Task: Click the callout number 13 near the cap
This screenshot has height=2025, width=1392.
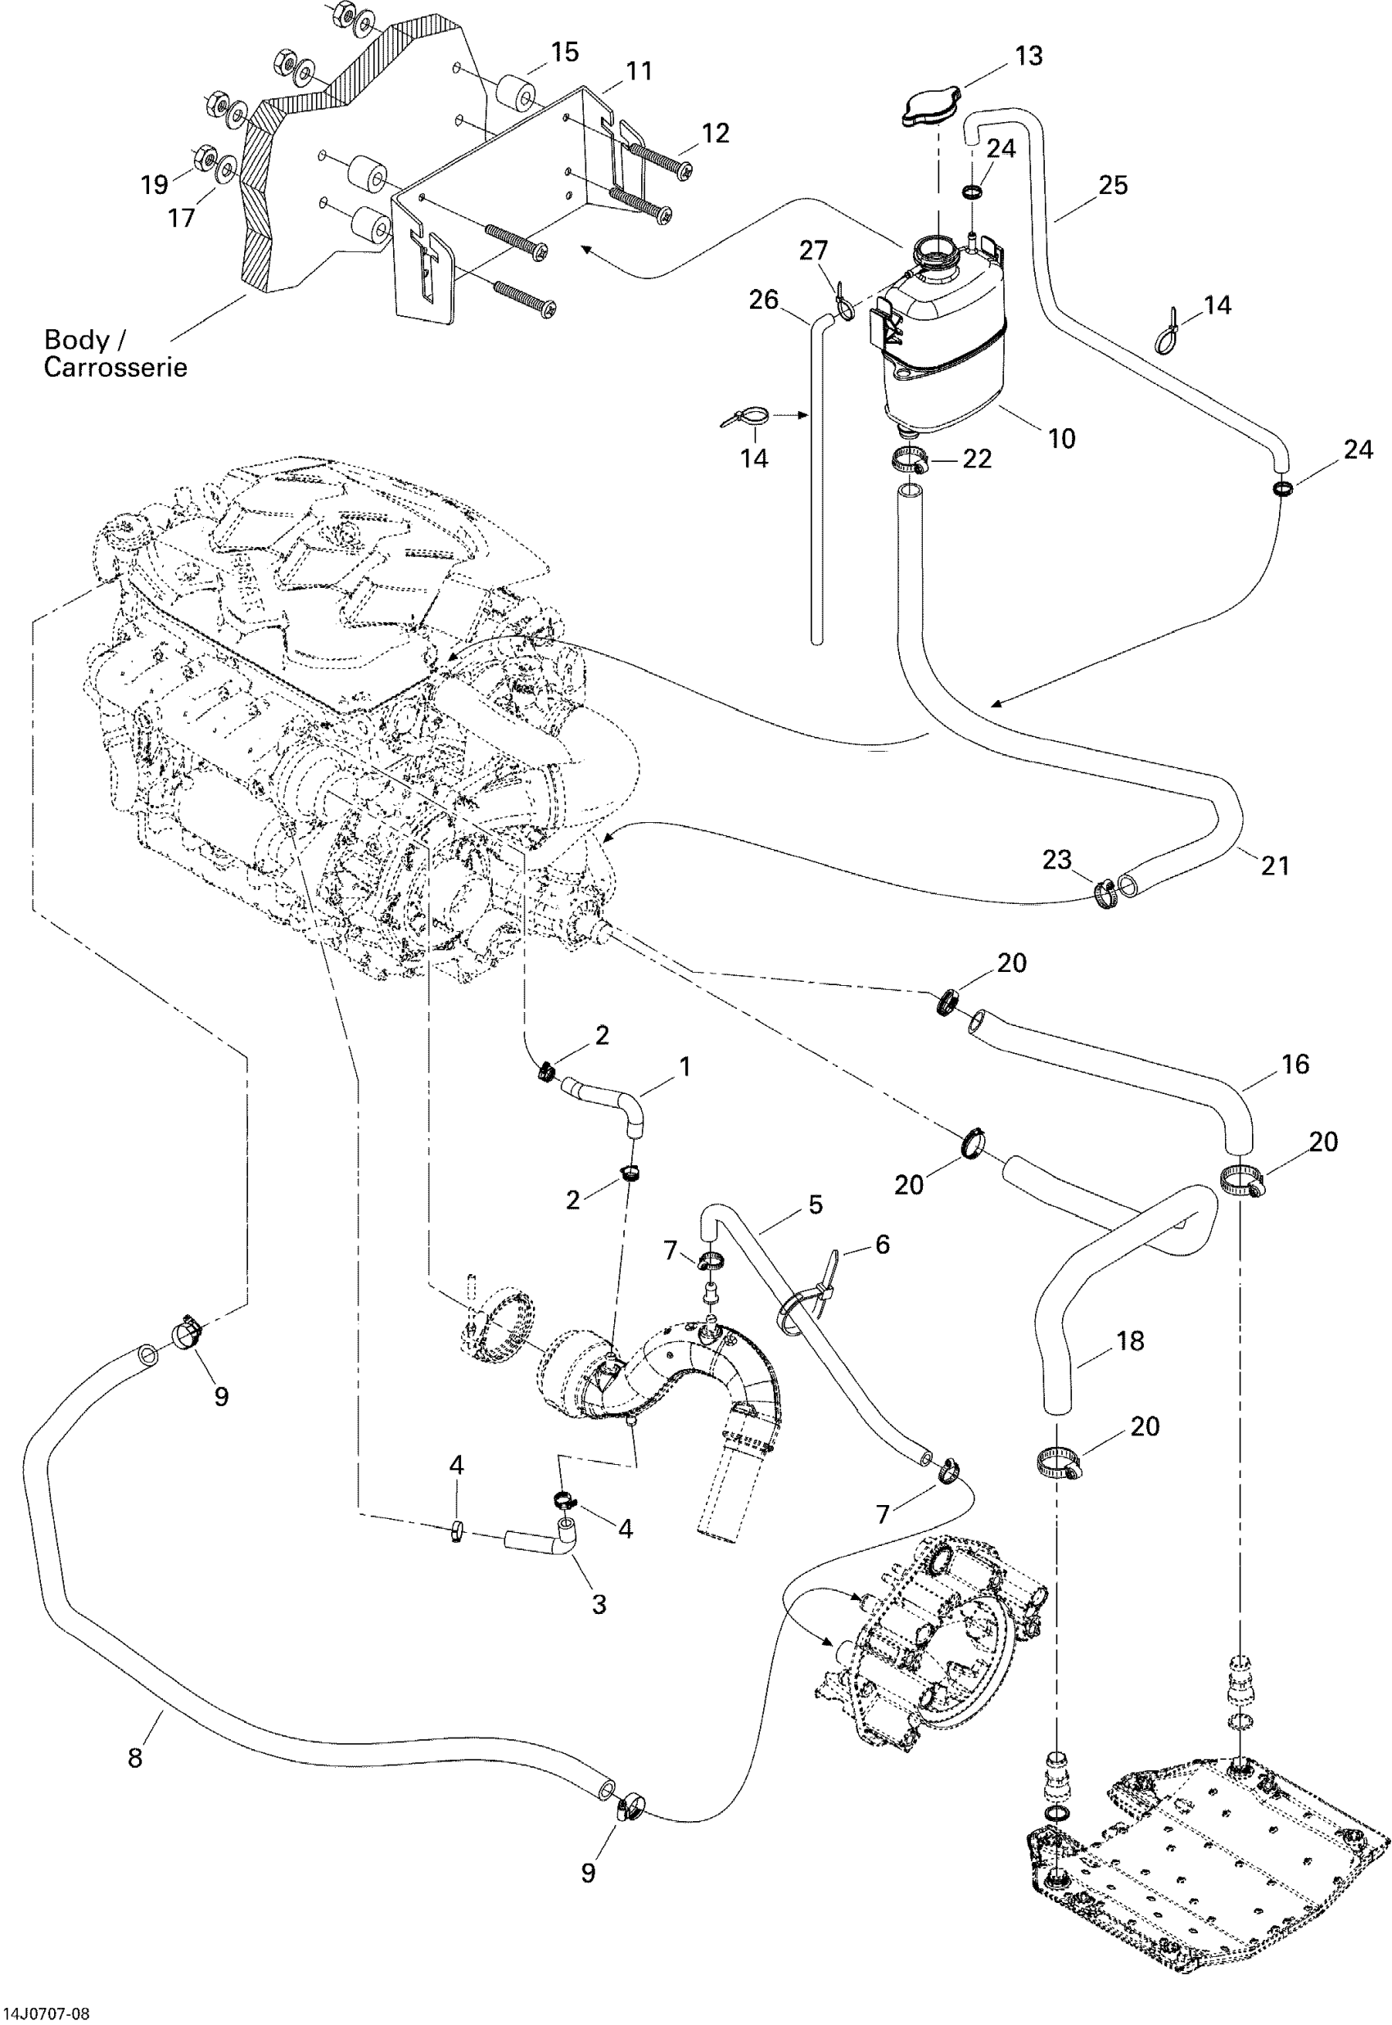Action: [x=1029, y=56]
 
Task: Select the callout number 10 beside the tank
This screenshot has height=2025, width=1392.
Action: [x=1061, y=439]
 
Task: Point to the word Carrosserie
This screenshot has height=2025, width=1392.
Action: [x=115, y=367]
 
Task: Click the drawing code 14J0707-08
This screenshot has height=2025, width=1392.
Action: [x=45, y=2013]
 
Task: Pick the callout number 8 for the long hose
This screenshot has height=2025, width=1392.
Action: [x=135, y=1757]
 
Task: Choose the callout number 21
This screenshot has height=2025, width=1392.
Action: [x=1275, y=866]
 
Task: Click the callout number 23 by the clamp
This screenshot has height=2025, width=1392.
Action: [x=1057, y=860]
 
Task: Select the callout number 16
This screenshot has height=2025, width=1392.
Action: [x=1296, y=1064]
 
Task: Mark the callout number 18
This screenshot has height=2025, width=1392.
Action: [x=1130, y=1340]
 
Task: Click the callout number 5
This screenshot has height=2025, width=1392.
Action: [x=816, y=1205]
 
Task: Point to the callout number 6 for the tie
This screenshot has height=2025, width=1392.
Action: [x=883, y=1245]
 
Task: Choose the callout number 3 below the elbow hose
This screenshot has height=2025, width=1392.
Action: [x=599, y=1604]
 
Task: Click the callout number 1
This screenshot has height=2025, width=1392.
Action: [x=685, y=1067]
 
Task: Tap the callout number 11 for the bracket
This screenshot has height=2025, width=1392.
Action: [x=640, y=70]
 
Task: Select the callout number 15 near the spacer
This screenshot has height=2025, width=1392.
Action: [x=565, y=52]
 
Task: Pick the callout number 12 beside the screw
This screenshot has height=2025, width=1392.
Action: [x=715, y=133]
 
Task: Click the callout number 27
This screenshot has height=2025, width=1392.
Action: [x=814, y=251]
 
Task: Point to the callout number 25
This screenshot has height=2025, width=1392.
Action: [x=1113, y=185]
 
